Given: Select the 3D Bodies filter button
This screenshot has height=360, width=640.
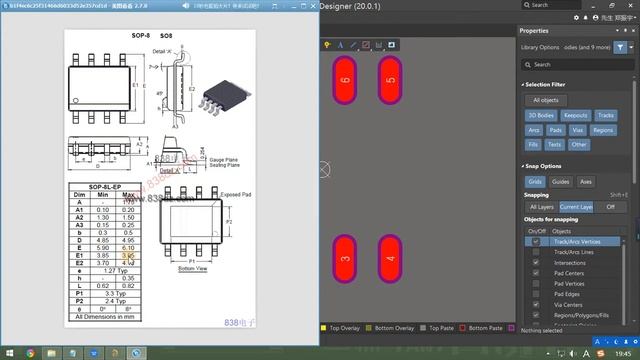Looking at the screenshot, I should coord(543,115).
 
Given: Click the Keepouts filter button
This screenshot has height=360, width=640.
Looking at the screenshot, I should coord(576,115).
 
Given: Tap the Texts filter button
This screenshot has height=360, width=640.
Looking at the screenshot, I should coord(554,145).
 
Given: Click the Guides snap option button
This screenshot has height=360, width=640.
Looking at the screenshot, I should coord(561,182).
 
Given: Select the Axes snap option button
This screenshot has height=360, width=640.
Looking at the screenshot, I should coord(586,182).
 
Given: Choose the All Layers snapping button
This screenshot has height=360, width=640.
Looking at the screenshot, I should coord(541,206).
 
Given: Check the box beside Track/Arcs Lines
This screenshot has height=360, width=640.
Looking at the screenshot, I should coord(536,251).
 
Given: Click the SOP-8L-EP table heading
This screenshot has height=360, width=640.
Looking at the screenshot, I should coord(104,186).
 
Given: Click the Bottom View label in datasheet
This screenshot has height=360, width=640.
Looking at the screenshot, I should coord(192,268).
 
